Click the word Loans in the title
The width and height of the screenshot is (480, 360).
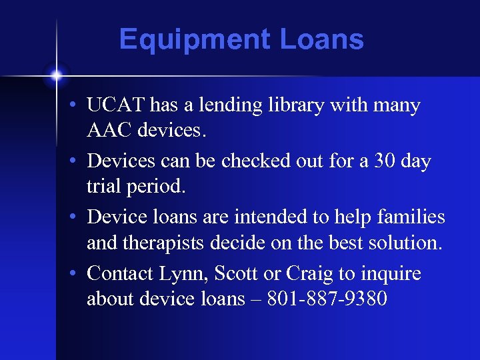pos(322,40)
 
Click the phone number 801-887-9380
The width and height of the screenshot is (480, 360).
pos(327,299)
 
